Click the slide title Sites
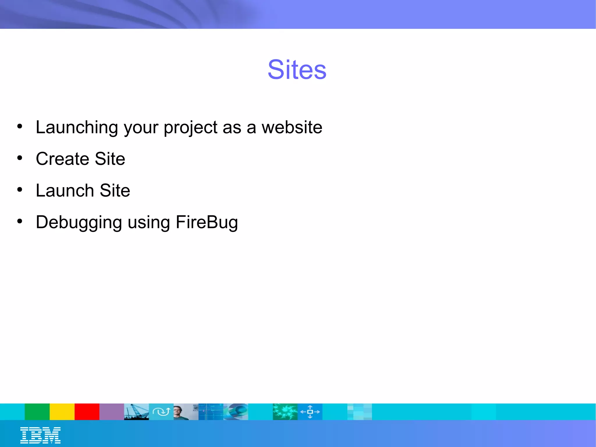297,70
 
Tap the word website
292,127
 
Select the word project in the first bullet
190,127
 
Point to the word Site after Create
110,159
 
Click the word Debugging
79,222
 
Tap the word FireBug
207,222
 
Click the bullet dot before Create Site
19,158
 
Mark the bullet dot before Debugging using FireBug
19,221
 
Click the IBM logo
40,435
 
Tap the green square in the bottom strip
37,411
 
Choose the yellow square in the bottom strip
62,411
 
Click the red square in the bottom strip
87,411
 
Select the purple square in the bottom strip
112,411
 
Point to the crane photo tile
136,411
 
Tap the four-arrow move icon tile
310,411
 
